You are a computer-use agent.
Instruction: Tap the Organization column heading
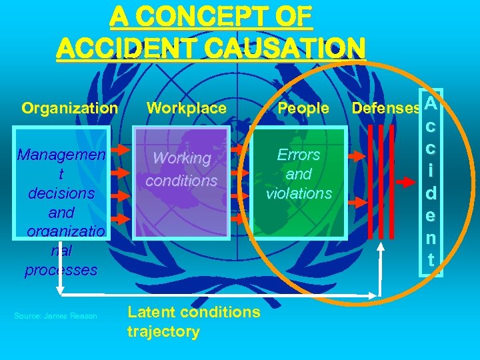(70, 108)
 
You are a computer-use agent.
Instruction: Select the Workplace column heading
(187, 108)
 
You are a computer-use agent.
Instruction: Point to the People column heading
(303, 108)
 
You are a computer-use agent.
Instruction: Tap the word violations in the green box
(299, 193)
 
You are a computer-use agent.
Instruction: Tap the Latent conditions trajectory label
(193, 321)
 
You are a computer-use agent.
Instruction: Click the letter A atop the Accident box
(431, 104)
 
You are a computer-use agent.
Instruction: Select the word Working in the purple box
(182, 159)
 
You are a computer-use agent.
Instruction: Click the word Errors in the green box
(299, 155)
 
